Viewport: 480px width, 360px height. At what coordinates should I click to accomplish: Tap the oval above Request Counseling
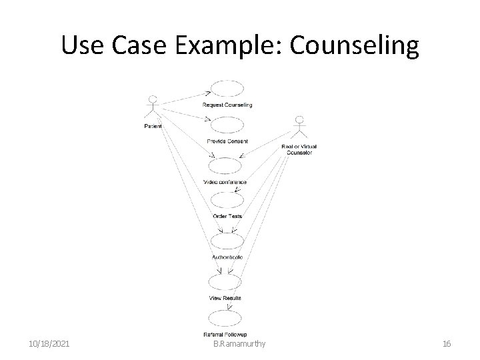(227, 89)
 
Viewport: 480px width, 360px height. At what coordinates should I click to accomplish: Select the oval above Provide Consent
(227, 125)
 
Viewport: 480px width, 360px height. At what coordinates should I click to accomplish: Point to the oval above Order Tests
(227, 201)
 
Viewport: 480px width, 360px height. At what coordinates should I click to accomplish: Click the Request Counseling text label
(227, 105)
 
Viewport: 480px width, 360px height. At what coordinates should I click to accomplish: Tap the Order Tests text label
(227, 216)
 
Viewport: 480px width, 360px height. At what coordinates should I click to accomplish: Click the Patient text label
(152, 126)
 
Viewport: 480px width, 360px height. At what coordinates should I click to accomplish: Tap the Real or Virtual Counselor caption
(299, 149)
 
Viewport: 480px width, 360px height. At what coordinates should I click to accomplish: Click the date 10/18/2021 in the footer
(48, 343)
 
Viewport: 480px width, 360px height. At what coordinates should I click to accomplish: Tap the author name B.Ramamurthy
(239, 343)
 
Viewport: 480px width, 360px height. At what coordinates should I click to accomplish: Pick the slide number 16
(447, 343)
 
